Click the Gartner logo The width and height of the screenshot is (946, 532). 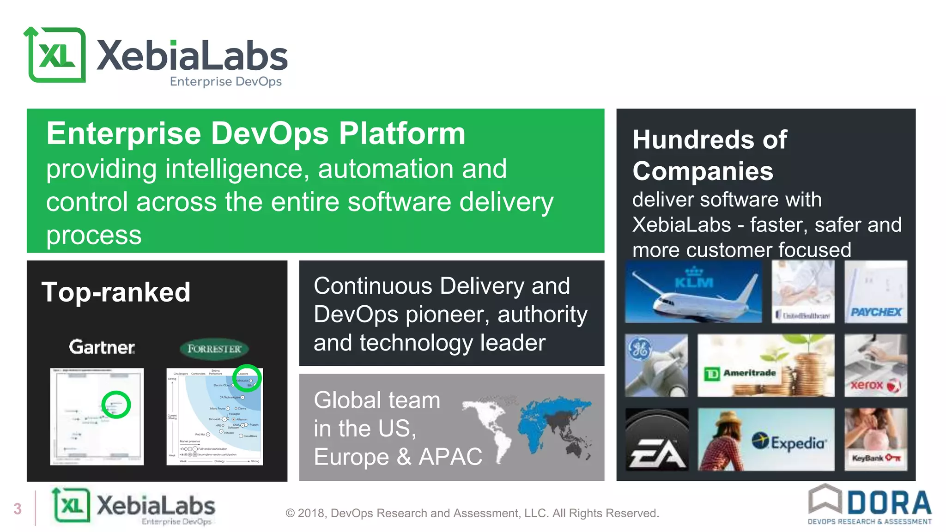point(102,347)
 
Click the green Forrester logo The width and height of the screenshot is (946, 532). point(214,349)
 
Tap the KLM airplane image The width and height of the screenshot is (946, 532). point(693,292)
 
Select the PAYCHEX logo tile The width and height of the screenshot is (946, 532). point(876,292)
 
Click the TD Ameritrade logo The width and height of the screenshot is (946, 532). point(741,373)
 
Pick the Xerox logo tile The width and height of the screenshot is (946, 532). point(876,366)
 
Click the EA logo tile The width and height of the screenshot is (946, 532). point(656,440)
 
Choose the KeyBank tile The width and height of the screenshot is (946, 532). point(876,440)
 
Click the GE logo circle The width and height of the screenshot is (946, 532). point(640,349)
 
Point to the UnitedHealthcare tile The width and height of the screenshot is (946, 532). point(803,292)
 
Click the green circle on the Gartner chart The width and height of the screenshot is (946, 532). point(116,405)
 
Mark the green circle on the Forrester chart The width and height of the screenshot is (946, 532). point(247,378)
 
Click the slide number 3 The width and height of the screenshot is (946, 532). point(18,509)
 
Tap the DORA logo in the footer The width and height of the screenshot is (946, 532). point(869,505)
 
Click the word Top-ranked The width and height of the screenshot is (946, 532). point(116,292)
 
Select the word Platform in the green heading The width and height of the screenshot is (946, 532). point(402,134)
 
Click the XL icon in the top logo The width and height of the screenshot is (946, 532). point(55,55)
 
